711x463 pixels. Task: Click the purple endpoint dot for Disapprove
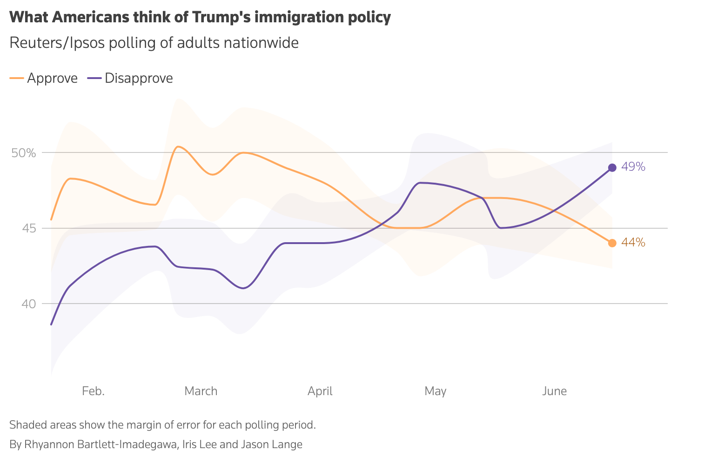612,167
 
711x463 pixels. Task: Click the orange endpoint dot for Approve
612,243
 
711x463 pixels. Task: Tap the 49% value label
633,167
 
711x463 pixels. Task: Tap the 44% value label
633,242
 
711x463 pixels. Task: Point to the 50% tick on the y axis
23,152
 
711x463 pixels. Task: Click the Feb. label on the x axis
93,391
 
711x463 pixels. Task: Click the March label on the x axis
201,391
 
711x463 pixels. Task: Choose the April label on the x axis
320,391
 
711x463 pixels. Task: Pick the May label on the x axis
436,391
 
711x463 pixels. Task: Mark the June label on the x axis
555,391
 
